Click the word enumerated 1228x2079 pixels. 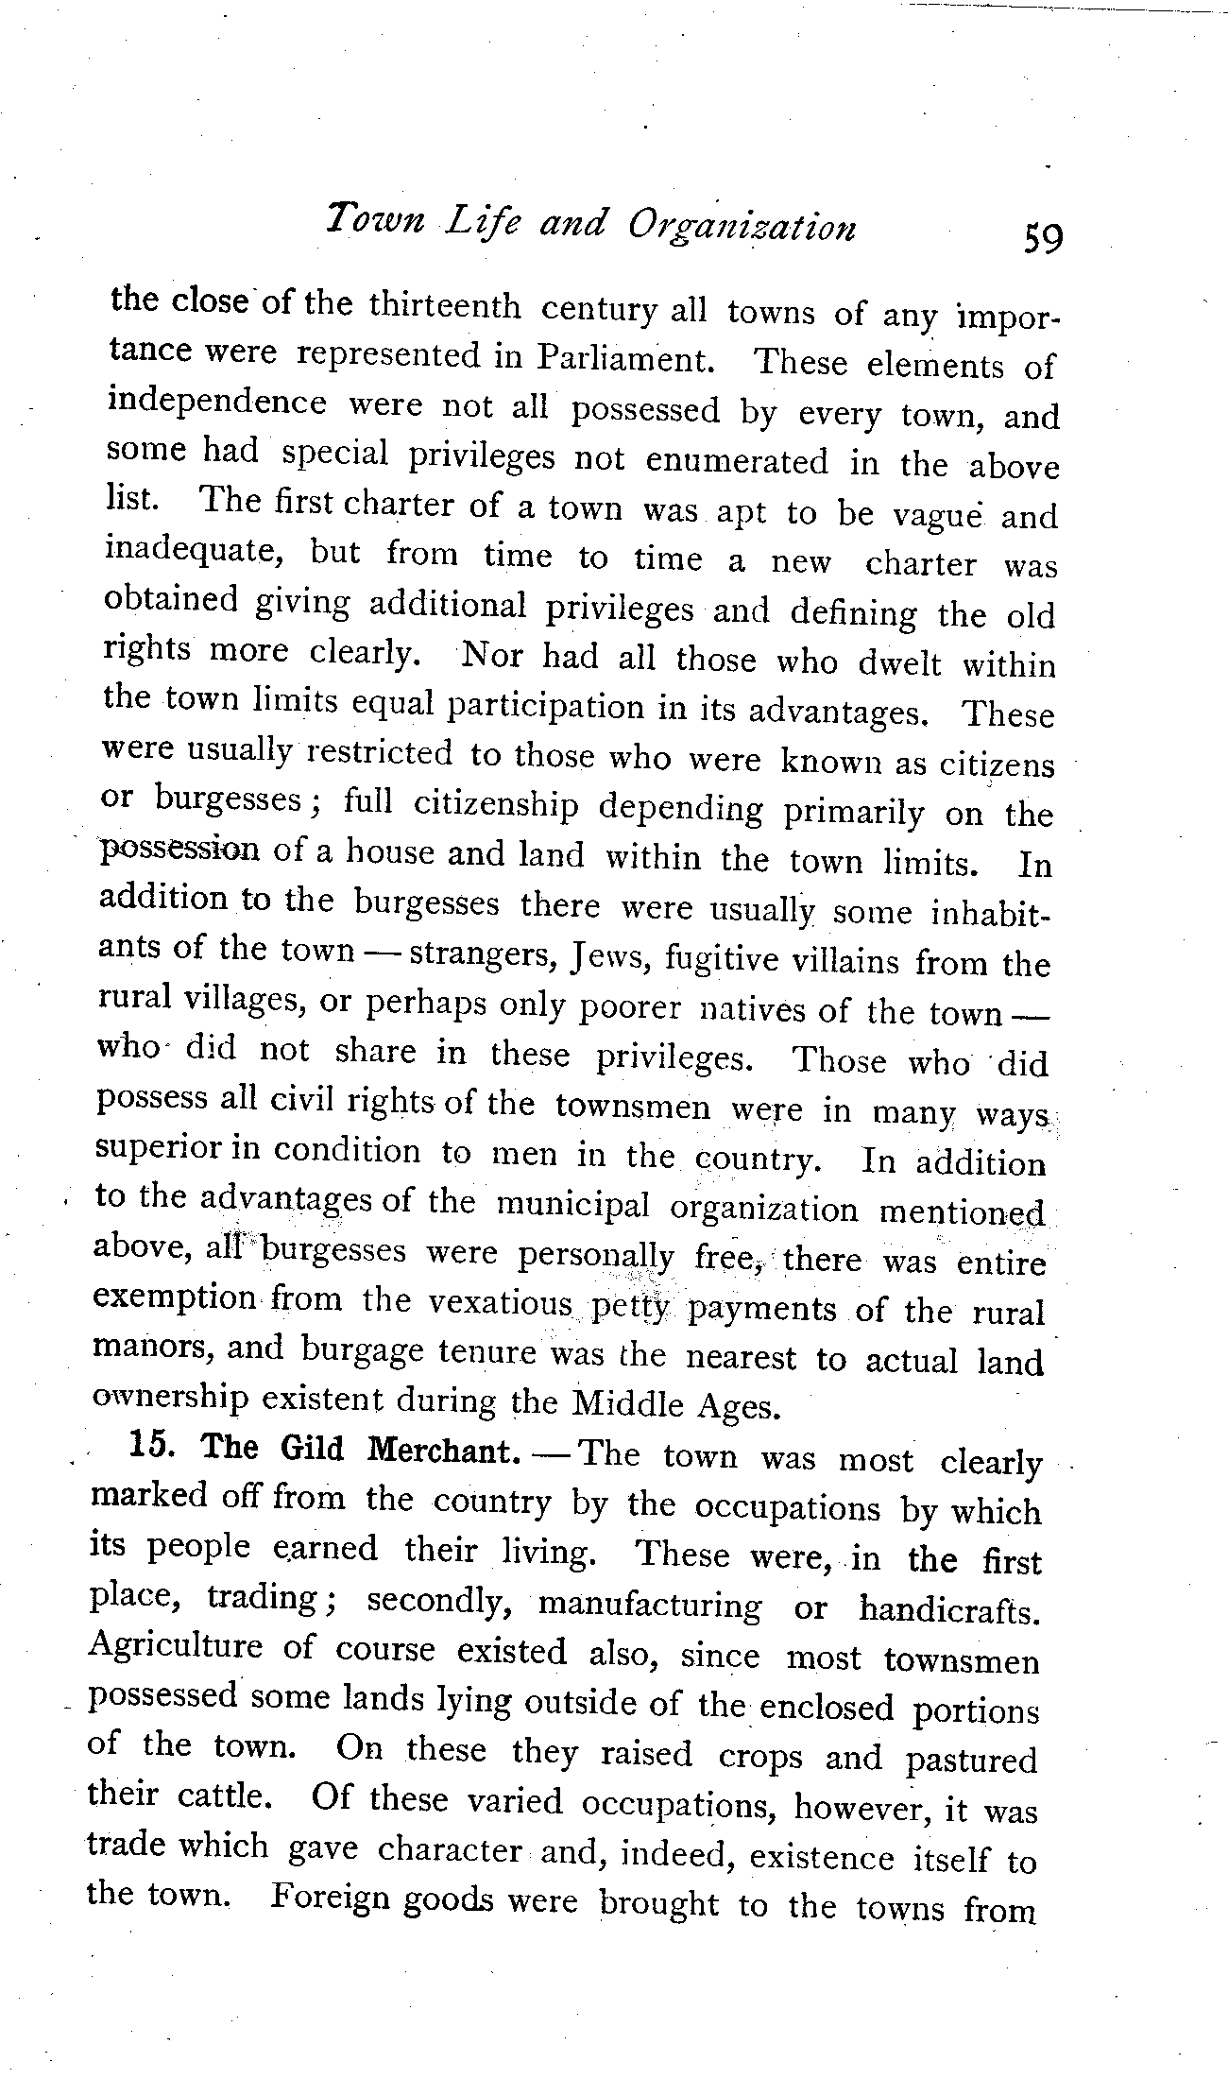(737, 460)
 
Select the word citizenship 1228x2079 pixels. (496, 804)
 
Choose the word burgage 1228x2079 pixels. (362, 1352)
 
